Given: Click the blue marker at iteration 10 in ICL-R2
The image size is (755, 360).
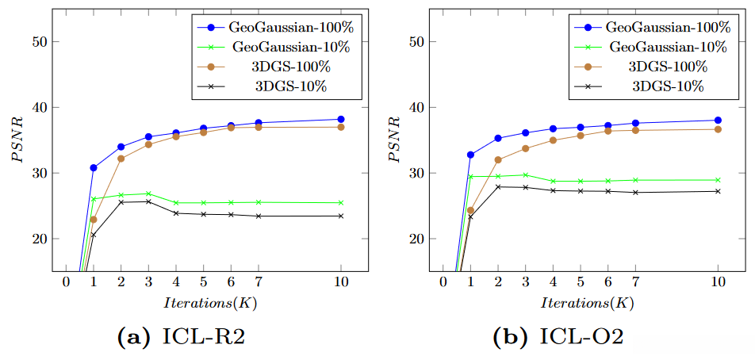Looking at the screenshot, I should pos(341,119).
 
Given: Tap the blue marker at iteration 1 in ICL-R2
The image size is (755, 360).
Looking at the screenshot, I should pos(94,167).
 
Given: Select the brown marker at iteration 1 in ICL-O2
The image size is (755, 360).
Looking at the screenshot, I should pos(470,210).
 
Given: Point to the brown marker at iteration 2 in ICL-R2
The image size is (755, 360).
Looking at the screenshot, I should pos(121,159).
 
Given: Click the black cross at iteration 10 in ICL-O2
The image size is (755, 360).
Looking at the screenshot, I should pos(718,191).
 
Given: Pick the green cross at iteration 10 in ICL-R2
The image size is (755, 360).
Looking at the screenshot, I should pos(341,202).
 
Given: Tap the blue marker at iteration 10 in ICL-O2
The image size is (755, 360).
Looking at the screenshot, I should pos(718,121).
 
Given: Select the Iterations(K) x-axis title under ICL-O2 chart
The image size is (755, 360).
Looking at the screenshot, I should pos(588,304).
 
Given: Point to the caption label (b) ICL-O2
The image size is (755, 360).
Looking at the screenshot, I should pos(558,338).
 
